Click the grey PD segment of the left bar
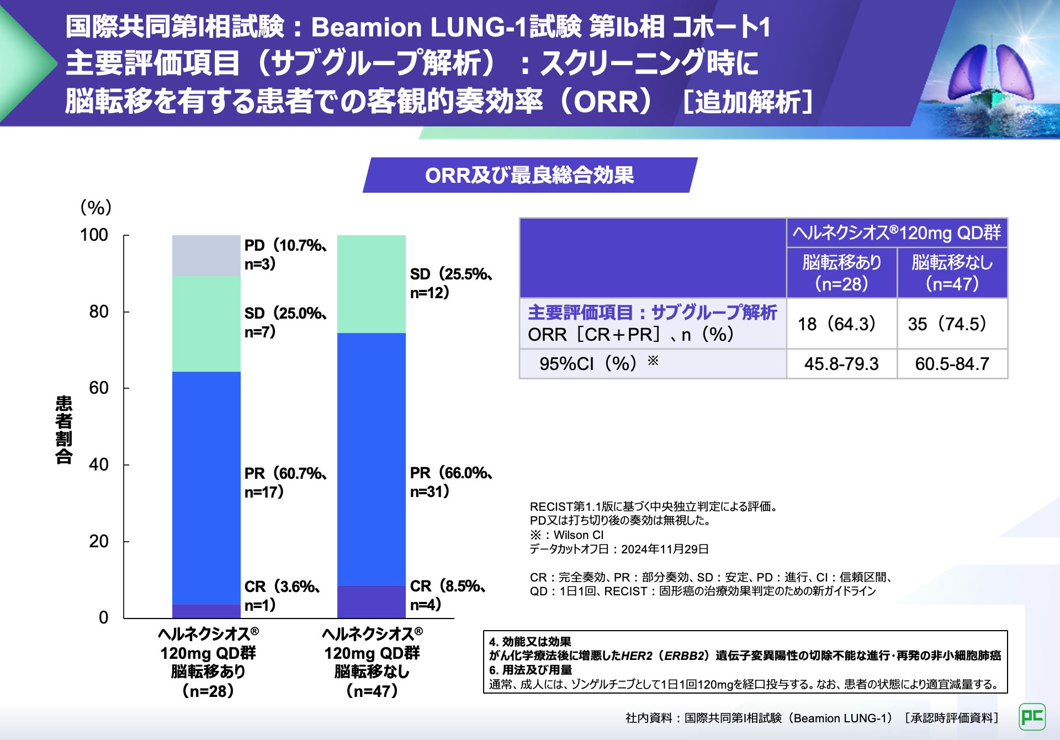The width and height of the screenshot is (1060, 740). (x=206, y=256)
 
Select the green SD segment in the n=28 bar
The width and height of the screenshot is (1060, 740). (x=206, y=324)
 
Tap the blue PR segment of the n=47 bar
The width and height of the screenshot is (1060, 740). (x=371, y=459)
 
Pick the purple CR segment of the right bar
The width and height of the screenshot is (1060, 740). (x=371, y=601)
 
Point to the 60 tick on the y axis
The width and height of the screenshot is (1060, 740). (x=99, y=388)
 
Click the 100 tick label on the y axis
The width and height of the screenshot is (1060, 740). (x=94, y=235)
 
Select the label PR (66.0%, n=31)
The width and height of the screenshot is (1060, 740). (x=451, y=482)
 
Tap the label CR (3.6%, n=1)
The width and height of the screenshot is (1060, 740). (x=282, y=595)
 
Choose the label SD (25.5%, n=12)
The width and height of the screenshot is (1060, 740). (x=451, y=283)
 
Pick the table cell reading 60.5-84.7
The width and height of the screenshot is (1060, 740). (x=952, y=364)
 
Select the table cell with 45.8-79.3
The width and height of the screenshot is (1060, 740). (x=841, y=364)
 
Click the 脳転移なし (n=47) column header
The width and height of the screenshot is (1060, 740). (x=952, y=273)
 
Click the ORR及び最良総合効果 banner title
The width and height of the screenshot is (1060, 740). (x=529, y=175)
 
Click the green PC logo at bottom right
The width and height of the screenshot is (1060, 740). (x=1032, y=717)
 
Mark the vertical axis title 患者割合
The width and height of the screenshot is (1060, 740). (x=64, y=430)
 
